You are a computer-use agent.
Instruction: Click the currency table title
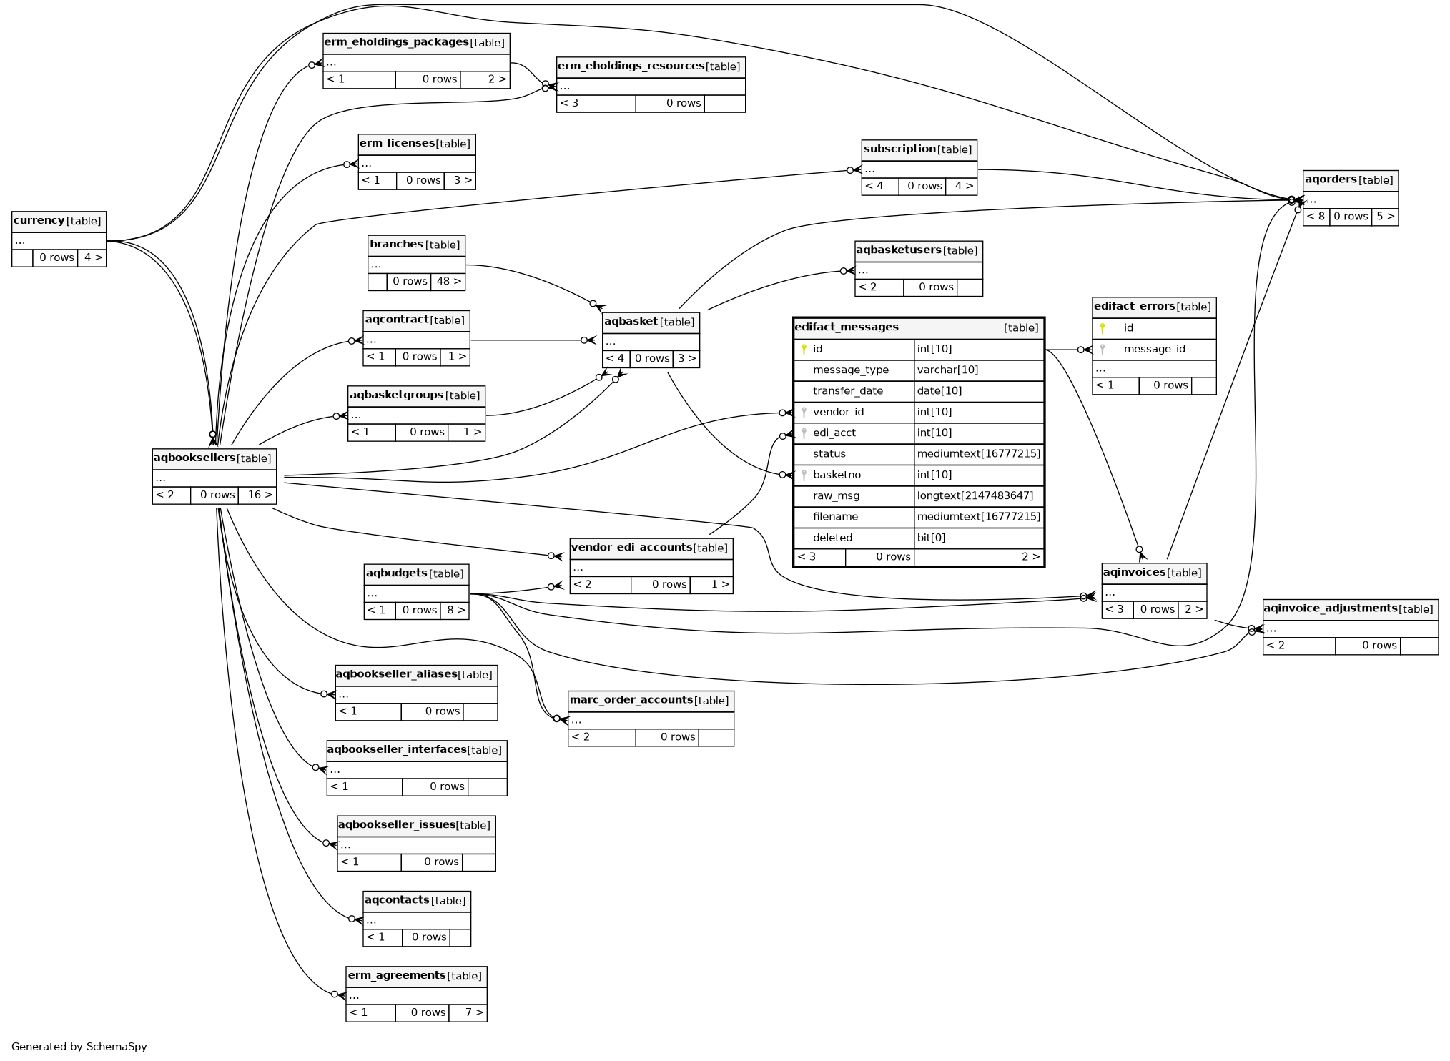click(x=39, y=221)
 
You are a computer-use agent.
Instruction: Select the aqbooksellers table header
click(x=194, y=458)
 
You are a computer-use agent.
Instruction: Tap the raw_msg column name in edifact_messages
click(x=836, y=496)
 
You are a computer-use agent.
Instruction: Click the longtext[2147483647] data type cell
click(x=975, y=496)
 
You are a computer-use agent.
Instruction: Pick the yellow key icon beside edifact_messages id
click(x=804, y=350)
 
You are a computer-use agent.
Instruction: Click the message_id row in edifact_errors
click(x=1154, y=350)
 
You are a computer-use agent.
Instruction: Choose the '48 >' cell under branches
click(x=448, y=282)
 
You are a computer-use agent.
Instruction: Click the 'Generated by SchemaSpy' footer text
click(x=79, y=1047)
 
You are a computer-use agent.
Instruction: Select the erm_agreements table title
click(x=397, y=976)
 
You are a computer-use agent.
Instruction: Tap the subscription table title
click(x=900, y=149)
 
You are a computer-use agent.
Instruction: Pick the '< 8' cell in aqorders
click(x=1316, y=217)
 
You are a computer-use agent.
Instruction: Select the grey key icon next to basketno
click(x=804, y=475)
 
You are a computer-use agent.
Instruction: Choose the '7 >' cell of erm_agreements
click(x=474, y=1013)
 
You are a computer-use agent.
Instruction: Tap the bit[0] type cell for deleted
click(x=931, y=538)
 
